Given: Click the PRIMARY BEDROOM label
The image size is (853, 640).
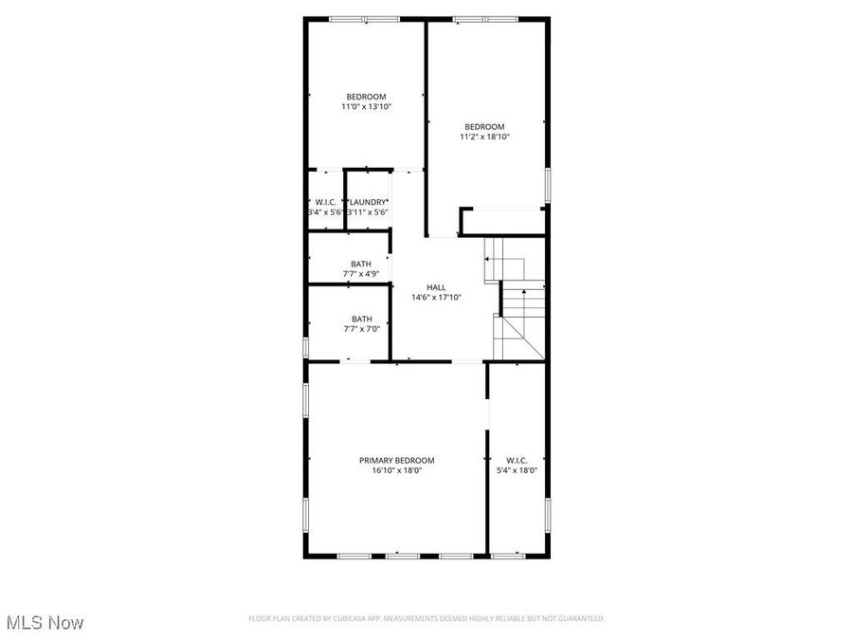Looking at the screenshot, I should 396,460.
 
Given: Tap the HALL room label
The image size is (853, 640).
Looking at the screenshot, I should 436,287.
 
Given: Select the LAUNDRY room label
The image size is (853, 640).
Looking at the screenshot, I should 368,202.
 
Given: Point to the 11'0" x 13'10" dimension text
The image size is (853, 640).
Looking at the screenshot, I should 366,107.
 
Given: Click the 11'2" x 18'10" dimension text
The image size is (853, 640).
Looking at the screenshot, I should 484,137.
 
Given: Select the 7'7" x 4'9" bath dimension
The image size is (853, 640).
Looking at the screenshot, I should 361,274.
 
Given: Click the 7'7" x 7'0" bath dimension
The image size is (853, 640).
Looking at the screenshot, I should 361,329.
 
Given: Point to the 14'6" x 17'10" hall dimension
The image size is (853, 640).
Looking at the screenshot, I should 436,298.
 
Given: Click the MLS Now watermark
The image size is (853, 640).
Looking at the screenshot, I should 45,623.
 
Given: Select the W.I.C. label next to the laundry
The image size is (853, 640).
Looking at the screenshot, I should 326,202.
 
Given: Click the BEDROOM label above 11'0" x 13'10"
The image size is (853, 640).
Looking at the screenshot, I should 366,97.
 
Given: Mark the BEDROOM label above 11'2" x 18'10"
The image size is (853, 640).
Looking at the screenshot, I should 484,126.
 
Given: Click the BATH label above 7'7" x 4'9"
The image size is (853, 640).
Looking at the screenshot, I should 361,264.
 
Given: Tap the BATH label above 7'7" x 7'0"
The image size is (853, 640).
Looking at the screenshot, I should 361,319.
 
